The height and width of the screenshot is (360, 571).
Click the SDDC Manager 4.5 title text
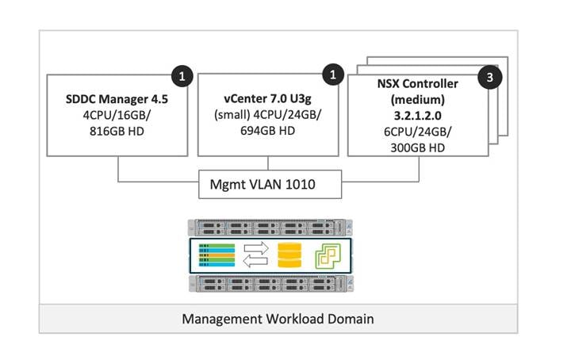pos(117,102)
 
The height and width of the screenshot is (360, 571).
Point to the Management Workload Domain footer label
pos(278,319)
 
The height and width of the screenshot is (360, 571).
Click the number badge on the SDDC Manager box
pos(182,77)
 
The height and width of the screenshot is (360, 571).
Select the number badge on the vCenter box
pos(334,77)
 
